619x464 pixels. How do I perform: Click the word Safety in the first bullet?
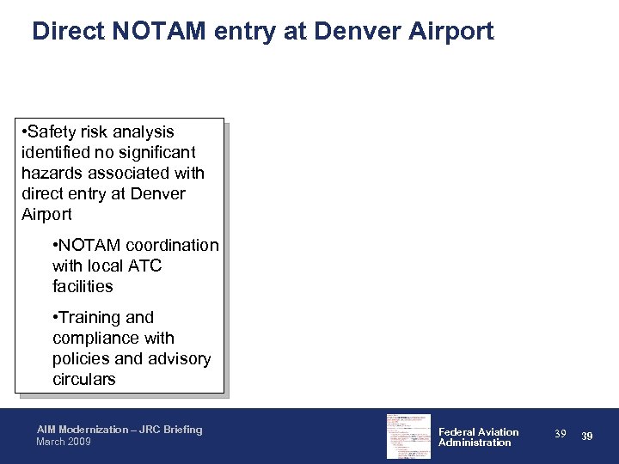(x=57, y=132)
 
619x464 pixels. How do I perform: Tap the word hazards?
(x=52, y=174)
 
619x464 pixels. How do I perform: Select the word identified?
(x=54, y=153)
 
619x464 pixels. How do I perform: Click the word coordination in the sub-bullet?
(x=168, y=246)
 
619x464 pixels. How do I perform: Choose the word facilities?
(x=83, y=287)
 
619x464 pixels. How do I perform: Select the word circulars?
(x=84, y=380)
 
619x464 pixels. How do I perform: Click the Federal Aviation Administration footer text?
(x=479, y=437)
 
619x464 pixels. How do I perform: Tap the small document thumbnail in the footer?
(x=408, y=436)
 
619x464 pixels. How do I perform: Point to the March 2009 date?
(x=63, y=443)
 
